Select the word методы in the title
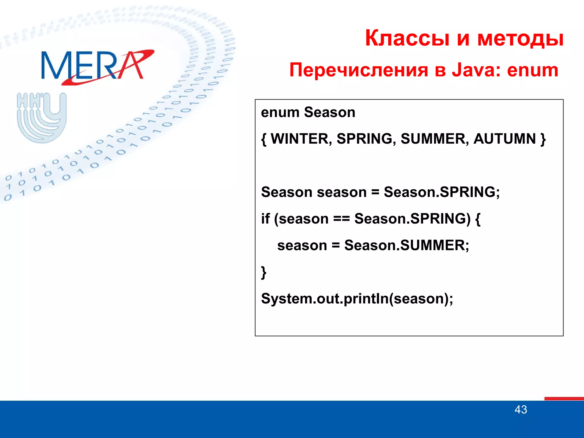[x=520, y=39]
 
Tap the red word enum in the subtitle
[x=532, y=70]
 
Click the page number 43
[x=521, y=410]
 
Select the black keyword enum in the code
[x=280, y=112]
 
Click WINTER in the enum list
[x=301, y=139]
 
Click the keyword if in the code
[x=265, y=219]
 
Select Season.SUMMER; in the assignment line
[x=407, y=246]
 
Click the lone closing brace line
[x=264, y=272]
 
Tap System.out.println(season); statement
[x=357, y=299]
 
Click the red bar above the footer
[x=564, y=399]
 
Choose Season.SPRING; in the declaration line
[x=442, y=192]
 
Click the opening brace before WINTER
[x=264, y=139]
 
